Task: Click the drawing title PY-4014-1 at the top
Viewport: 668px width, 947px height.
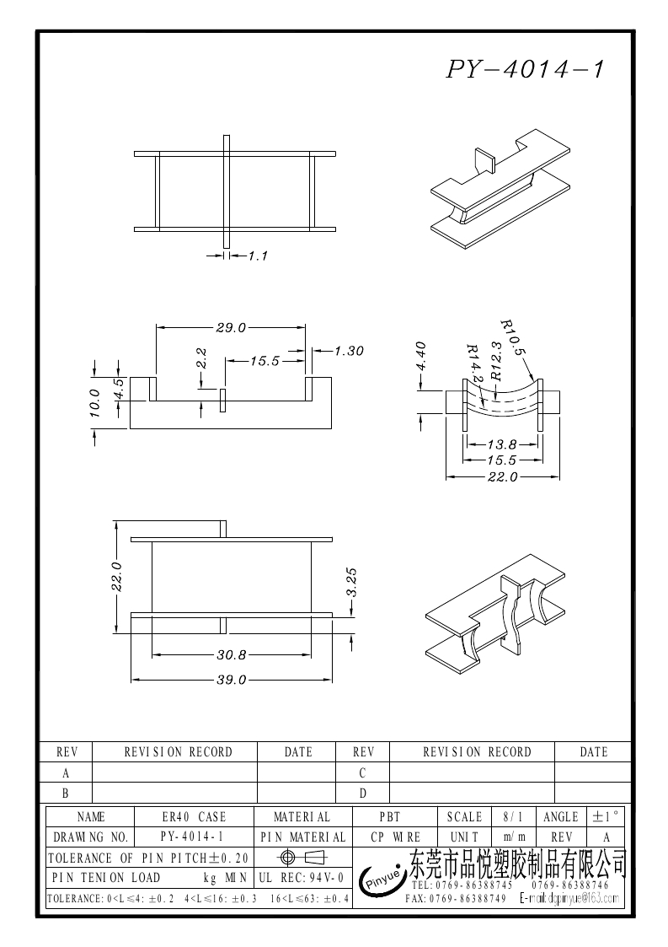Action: pyautogui.click(x=525, y=69)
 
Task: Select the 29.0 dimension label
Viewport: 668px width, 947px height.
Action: pyautogui.click(x=230, y=327)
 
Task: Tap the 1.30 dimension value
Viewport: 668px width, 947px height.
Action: pyautogui.click(x=349, y=351)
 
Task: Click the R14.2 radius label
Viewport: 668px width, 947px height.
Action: pyautogui.click(x=474, y=362)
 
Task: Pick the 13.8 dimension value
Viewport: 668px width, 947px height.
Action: pyautogui.click(x=501, y=444)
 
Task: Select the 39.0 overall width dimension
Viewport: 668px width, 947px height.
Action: pyautogui.click(x=230, y=680)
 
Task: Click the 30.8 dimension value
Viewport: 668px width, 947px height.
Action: pyautogui.click(x=230, y=654)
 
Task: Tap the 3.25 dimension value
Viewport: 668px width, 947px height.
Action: pyautogui.click(x=353, y=582)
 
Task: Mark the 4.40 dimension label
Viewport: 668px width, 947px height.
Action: pyautogui.click(x=422, y=356)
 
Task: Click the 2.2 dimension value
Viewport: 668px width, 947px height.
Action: pyautogui.click(x=201, y=358)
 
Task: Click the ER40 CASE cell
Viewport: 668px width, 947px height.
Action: pyautogui.click(x=194, y=817)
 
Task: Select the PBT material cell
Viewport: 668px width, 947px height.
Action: pyautogui.click(x=388, y=817)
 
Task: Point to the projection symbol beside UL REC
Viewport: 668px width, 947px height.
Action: pyautogui.click(x=302, y=858)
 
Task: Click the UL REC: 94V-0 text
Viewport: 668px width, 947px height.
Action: pyautogui.click(x=301, y=878)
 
